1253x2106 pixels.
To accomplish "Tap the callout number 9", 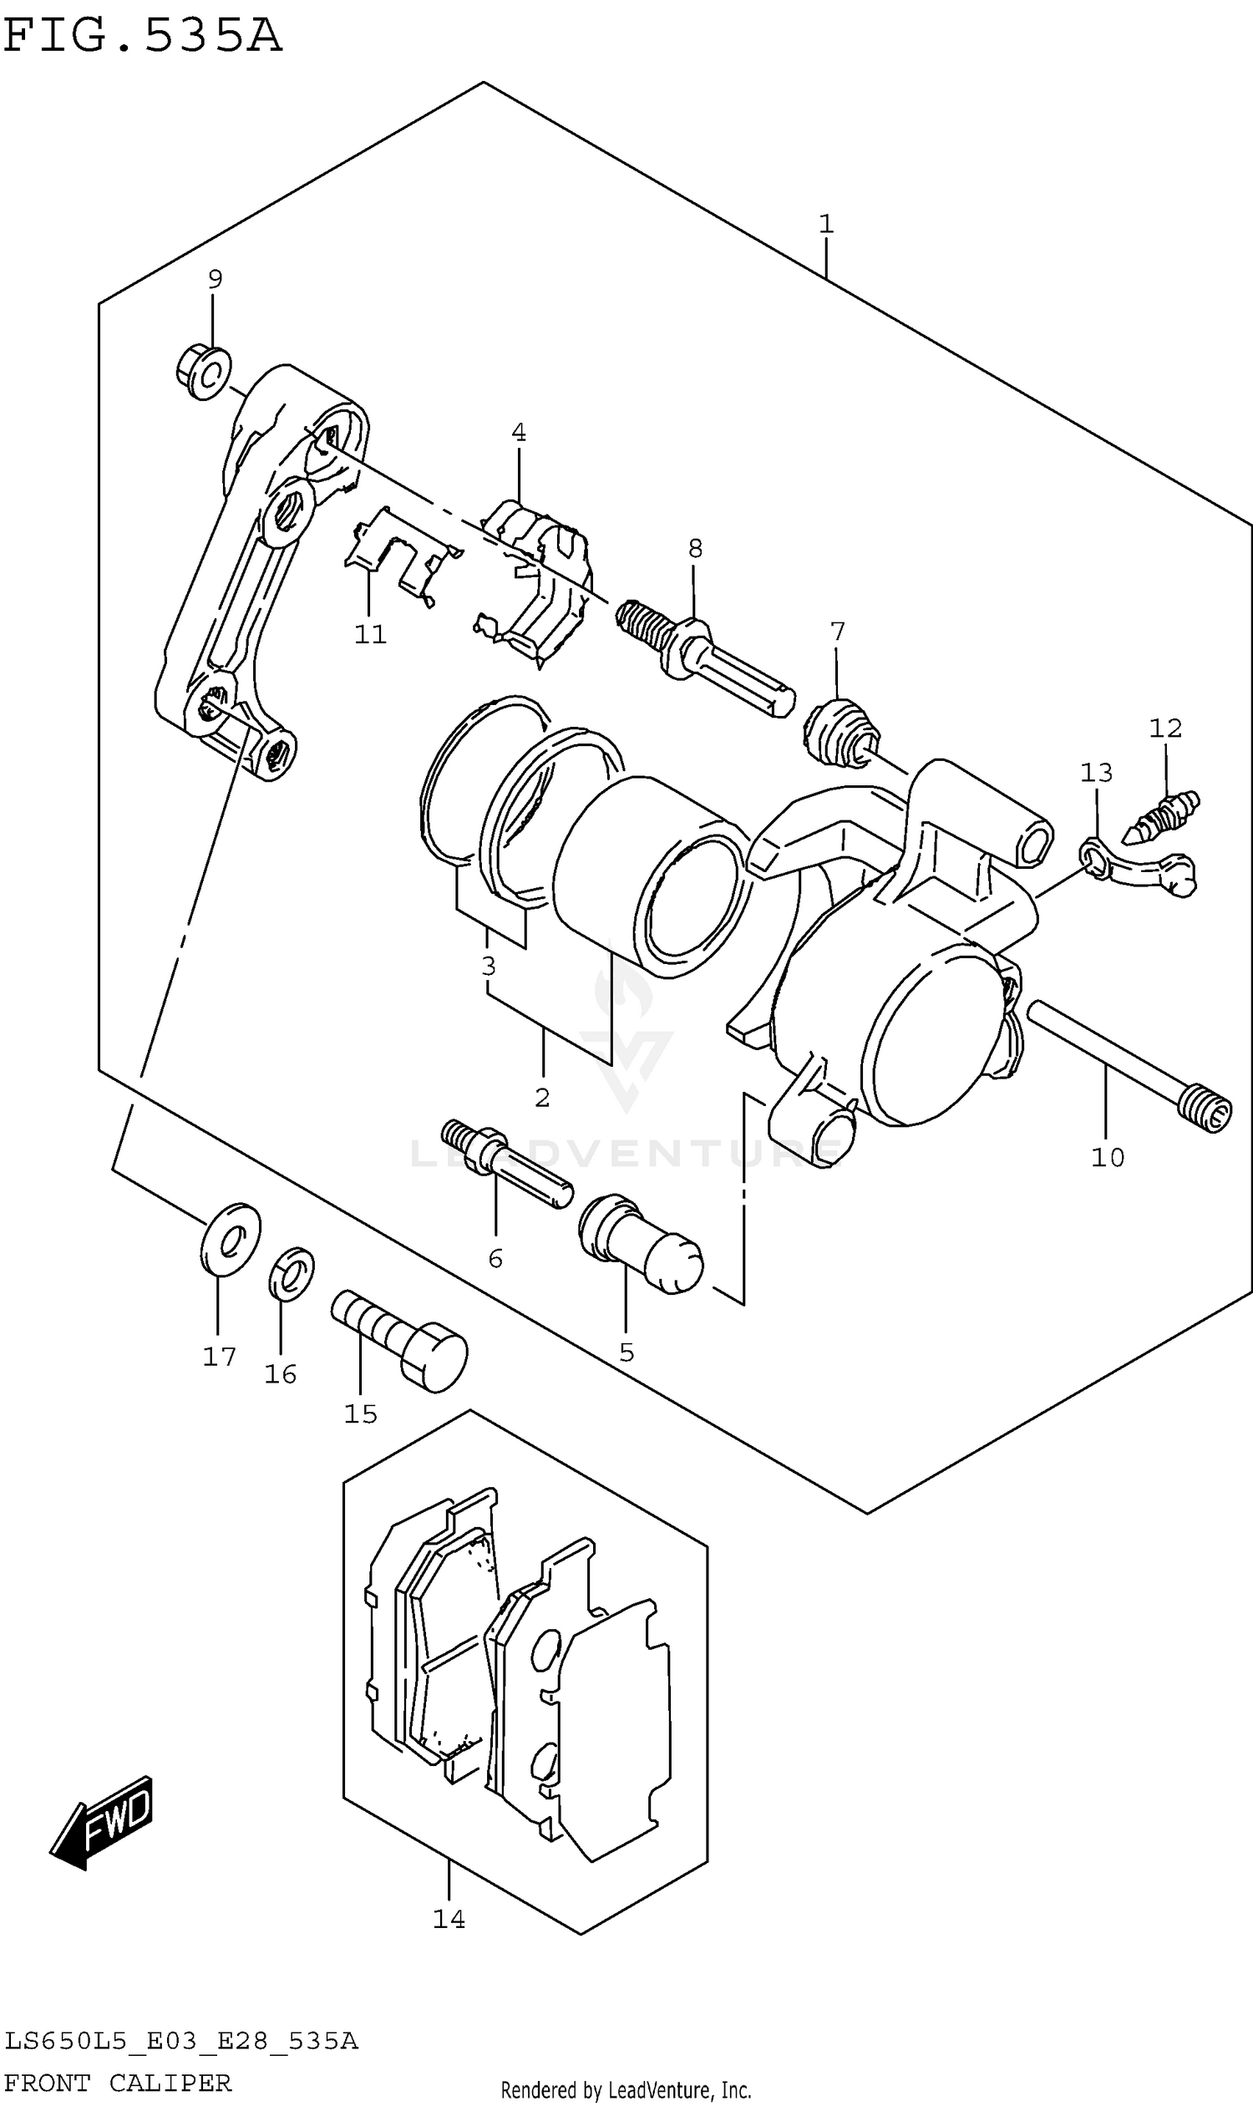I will (x=215, y=279).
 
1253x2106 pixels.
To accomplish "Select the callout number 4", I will (x=519, y=433).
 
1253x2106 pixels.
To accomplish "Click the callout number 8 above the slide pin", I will (x=695, y=549).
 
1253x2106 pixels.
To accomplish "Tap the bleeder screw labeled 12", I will (x=1162, y=817).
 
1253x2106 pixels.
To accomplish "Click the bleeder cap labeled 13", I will (x=1140, y=870).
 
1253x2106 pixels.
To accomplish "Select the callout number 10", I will (x=1108, y=1157).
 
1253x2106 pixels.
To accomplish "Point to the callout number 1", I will (x=826, y=224).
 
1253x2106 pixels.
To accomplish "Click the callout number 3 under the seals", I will (x=488, y=965).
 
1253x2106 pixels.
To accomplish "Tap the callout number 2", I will (x=542, y=1097).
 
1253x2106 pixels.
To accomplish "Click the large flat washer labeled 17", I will (x=231, y=1238).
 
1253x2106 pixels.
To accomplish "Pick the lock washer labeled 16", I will (x=292, y=1274).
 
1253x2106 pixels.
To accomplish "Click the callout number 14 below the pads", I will (x=449, y=1919).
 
